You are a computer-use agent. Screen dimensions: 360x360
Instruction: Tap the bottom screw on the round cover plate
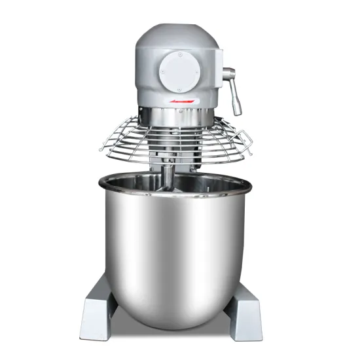click(177, 86)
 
